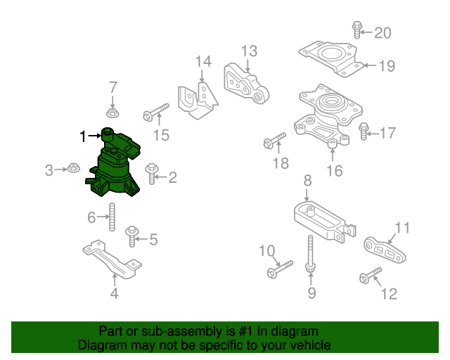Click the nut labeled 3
[73, 169]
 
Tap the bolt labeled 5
[131, 235]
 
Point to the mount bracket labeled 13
[247, 84]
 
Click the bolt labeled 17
[364, 131]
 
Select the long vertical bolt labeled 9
[310, 253]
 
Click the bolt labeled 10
[278, 269]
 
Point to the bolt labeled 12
[370, 275]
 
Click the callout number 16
[335, 171]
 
